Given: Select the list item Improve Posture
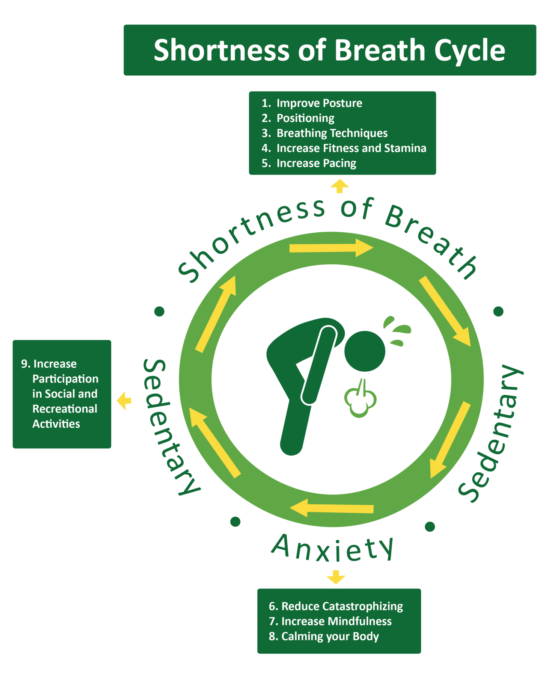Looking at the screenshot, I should click(319, 103).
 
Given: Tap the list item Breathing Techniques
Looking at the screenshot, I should click(332, 133).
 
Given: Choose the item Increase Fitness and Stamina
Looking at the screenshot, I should click(351, 148).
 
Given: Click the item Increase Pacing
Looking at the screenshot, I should click(316, 163).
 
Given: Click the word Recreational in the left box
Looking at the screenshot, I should click(65, 409).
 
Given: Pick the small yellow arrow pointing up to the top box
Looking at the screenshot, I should click(340, 186).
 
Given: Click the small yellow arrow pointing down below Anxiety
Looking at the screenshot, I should click(336, 577).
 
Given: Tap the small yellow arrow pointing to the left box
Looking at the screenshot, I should click(124, 401).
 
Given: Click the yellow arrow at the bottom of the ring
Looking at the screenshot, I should click(332, 508).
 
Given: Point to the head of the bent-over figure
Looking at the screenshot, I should click(365, 351).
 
